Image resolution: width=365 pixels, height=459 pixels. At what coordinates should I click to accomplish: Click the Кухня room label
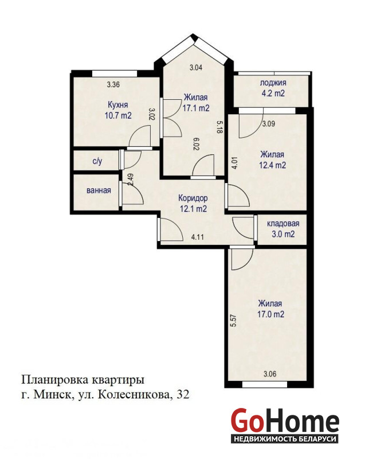118,105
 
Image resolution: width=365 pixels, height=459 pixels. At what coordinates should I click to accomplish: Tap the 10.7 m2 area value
118,115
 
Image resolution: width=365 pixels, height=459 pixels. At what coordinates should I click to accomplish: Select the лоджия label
273,83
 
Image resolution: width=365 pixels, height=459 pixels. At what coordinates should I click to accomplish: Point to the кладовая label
283,224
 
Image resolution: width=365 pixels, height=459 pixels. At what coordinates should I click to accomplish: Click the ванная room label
99,190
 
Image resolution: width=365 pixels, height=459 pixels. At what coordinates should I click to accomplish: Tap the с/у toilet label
97,161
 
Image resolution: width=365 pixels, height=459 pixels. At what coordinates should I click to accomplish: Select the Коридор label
193,198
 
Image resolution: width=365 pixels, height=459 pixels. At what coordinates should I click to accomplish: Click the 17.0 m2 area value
270,314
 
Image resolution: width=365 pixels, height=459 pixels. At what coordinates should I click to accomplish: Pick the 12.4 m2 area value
272,165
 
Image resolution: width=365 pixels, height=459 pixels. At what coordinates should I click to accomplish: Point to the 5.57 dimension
233,321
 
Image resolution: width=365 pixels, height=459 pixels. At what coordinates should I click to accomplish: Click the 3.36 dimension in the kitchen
113,85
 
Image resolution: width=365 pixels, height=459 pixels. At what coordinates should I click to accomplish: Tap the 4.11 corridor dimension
197,237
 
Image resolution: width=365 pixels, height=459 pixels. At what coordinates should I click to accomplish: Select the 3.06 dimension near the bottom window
270,374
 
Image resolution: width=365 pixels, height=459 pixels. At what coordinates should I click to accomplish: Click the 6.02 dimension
197,145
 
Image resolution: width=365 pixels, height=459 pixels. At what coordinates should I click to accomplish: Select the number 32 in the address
182,395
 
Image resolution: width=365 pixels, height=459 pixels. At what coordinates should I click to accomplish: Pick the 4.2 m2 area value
273,94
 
